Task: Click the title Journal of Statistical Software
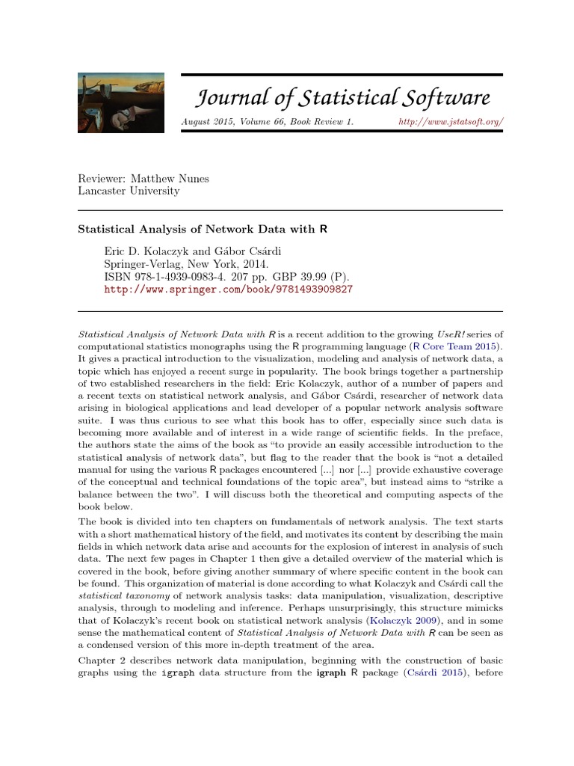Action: tap(343, 97)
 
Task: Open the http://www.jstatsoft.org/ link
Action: tap(451, 121)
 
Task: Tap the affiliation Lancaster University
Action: tap(129, 191)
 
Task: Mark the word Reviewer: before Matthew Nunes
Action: tap(103, 178)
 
